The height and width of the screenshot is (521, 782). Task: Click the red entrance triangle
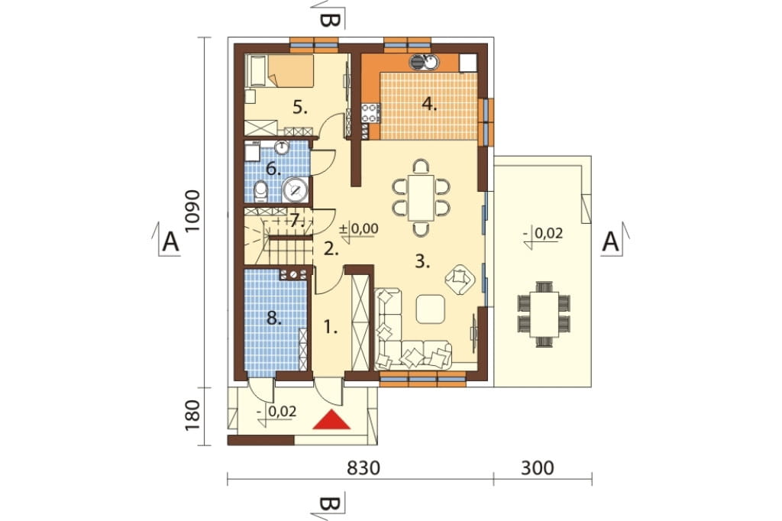coord(331,420)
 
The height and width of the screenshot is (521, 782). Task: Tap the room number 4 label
coord(429,105)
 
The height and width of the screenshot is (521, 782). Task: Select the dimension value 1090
coord(192,211)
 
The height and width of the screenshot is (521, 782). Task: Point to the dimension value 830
coord(364,468)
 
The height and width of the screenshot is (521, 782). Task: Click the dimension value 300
coord(537,468)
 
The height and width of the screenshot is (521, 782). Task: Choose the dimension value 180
coord(192,416)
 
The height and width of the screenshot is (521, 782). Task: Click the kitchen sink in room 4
coord(425,62)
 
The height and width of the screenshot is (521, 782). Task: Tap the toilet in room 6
coord(260,191)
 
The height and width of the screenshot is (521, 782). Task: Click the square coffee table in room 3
coord(431,309)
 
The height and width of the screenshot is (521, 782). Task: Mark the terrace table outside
coord(544,315)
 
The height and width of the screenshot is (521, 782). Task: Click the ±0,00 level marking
coord(358,229)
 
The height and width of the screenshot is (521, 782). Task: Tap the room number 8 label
coord(274,318)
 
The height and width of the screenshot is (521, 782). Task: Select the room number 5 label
coord(299,107)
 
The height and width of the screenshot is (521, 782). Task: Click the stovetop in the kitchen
coord(370,113)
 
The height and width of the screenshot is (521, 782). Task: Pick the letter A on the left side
coord(171,242)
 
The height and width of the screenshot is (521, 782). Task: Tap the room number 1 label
coord(330,328)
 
